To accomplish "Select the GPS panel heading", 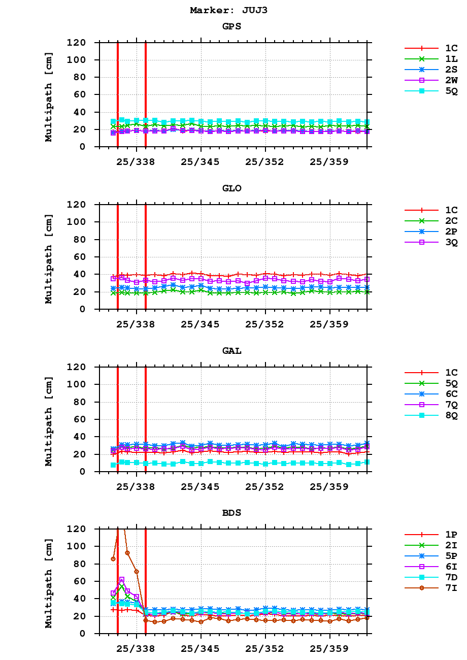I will pyautogui.click(x=231, y=26).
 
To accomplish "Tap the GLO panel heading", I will pyautogui.click(x=231, y=188).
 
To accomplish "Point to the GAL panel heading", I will pyautogui.click(x=231, y=351).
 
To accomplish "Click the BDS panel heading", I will pyautogui.click(x=231, y=513).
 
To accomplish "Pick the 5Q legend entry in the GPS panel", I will pyautogui.click(x=451, y=91).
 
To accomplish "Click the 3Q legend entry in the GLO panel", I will pyautogui.click(x=451, y=242).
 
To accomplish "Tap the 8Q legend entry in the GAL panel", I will pyautogui.click(x=451, y=415).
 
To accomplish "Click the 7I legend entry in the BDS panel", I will pyautogui.click(x=451, y=588).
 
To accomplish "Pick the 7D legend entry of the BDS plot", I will pyautogui.click(x=451, y=577).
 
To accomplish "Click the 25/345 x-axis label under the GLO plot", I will pyautogui.click(x=201, y=324).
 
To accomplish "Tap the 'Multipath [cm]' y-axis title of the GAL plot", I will pyautogui.click(x=49, y=421).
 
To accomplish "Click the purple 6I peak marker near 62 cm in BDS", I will pyautogui.click(x=122, y=579).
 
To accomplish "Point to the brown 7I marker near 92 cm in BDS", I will pyautogui.click(x=127, y=553).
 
